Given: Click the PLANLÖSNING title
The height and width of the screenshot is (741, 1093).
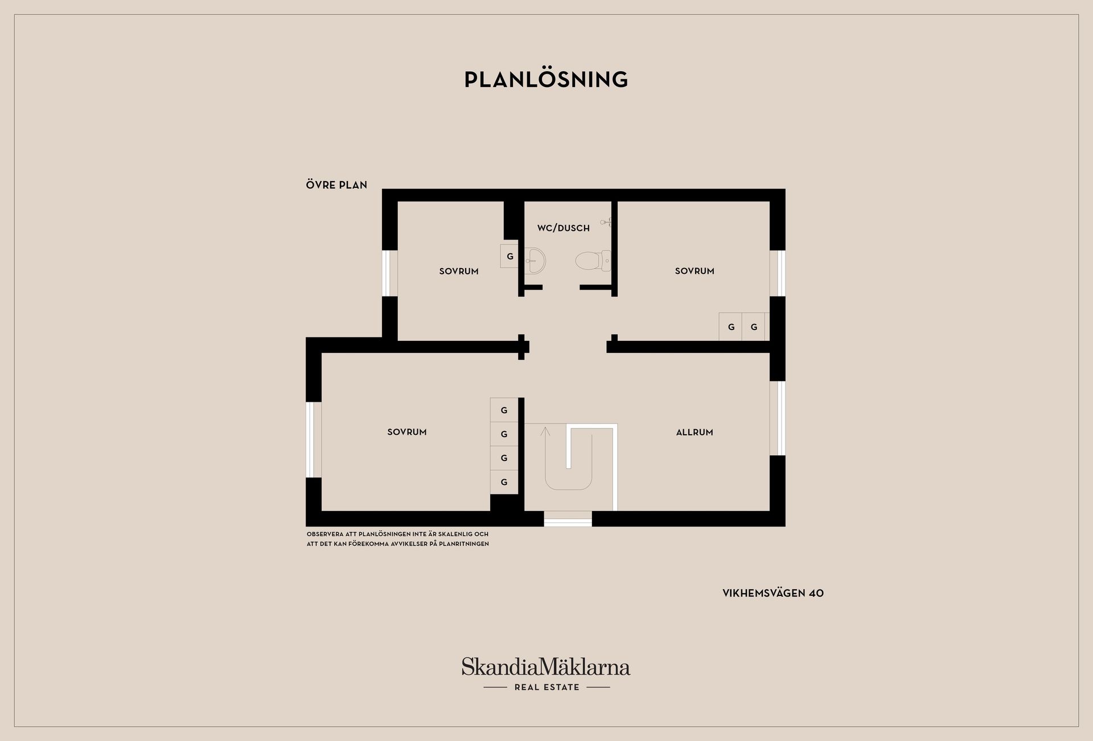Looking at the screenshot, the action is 546,80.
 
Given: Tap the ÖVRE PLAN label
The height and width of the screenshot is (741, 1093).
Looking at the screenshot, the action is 336,184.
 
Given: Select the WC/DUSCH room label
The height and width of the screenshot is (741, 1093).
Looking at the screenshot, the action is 564,228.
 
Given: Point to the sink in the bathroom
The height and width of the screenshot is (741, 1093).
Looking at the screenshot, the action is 535,261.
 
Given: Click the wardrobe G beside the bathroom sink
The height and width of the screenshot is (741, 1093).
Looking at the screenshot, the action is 509,256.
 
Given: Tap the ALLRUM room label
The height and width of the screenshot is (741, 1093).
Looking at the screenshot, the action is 695,433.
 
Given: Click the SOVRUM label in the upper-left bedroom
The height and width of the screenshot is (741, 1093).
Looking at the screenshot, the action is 459,271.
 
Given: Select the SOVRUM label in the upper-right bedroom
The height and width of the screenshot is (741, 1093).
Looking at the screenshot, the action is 695,271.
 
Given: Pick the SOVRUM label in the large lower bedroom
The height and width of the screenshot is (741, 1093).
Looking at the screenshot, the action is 407,432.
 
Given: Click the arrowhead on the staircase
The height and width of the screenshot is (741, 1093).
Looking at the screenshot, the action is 545,431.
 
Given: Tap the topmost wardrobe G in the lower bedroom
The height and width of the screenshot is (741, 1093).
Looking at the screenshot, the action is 504,410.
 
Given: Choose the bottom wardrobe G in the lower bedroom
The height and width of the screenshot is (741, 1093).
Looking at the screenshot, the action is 504,482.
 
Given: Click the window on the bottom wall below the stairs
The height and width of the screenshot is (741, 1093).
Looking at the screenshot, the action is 568,518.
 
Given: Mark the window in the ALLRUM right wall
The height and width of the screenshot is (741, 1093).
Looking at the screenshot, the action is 778,418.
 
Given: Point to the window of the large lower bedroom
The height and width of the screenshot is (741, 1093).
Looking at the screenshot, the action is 314,439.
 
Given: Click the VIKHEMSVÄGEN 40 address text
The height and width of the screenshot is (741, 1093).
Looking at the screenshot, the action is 773,593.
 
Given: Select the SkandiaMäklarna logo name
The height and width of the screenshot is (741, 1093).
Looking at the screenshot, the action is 546,666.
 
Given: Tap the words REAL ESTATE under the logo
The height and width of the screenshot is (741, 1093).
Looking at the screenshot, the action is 547,688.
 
